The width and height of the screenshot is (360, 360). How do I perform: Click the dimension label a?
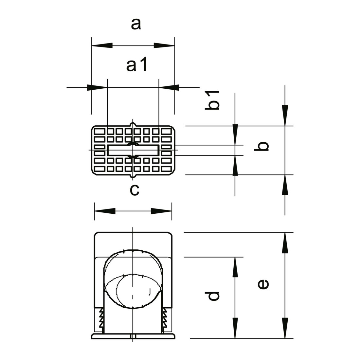[136, 24]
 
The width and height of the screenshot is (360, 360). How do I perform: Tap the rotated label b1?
[212, 100]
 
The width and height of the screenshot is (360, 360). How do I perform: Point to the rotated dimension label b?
[261, 146]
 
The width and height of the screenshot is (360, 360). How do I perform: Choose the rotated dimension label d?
[213, 296]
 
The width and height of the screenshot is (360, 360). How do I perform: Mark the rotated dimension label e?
[263, 284]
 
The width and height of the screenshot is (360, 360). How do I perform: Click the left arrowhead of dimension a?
[102, 45]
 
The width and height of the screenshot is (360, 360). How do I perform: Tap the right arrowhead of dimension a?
[164, 45]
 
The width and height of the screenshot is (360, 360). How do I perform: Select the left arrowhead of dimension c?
[105, 211]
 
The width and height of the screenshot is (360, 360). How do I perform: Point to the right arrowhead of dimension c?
[161, 211]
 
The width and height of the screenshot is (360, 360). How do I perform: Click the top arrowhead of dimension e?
[285, 243]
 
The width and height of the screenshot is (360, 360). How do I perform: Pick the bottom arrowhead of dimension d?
[235, 328]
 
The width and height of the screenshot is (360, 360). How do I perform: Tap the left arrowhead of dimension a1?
[97, 87]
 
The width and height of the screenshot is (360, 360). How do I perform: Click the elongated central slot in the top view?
[133, 150]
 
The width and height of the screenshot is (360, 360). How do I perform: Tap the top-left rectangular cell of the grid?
[100, 131]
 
